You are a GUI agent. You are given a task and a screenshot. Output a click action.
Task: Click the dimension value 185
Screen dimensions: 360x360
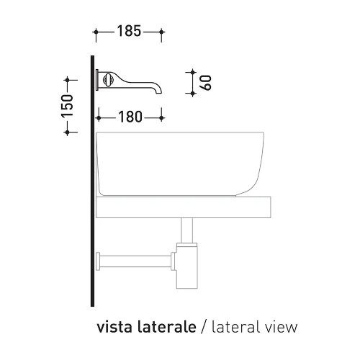tap(129, 32)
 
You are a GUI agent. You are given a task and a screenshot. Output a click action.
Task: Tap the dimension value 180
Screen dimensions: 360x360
tap(130, 117)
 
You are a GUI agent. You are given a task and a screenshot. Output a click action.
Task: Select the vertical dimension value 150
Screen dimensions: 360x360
tap(68, 106)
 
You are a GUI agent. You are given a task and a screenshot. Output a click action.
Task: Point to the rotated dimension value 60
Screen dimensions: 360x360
tap(206, 83)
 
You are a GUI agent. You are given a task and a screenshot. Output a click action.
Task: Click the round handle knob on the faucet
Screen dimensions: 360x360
tap(107, 80)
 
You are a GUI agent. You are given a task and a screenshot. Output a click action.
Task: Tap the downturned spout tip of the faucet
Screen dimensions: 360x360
tap(158, 91)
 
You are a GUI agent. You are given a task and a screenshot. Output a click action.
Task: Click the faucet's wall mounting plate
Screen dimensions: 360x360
tap(97, 80)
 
